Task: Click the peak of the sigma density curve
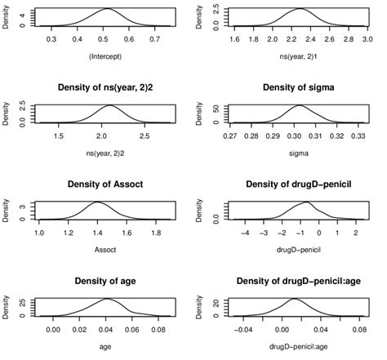point(299,106)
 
